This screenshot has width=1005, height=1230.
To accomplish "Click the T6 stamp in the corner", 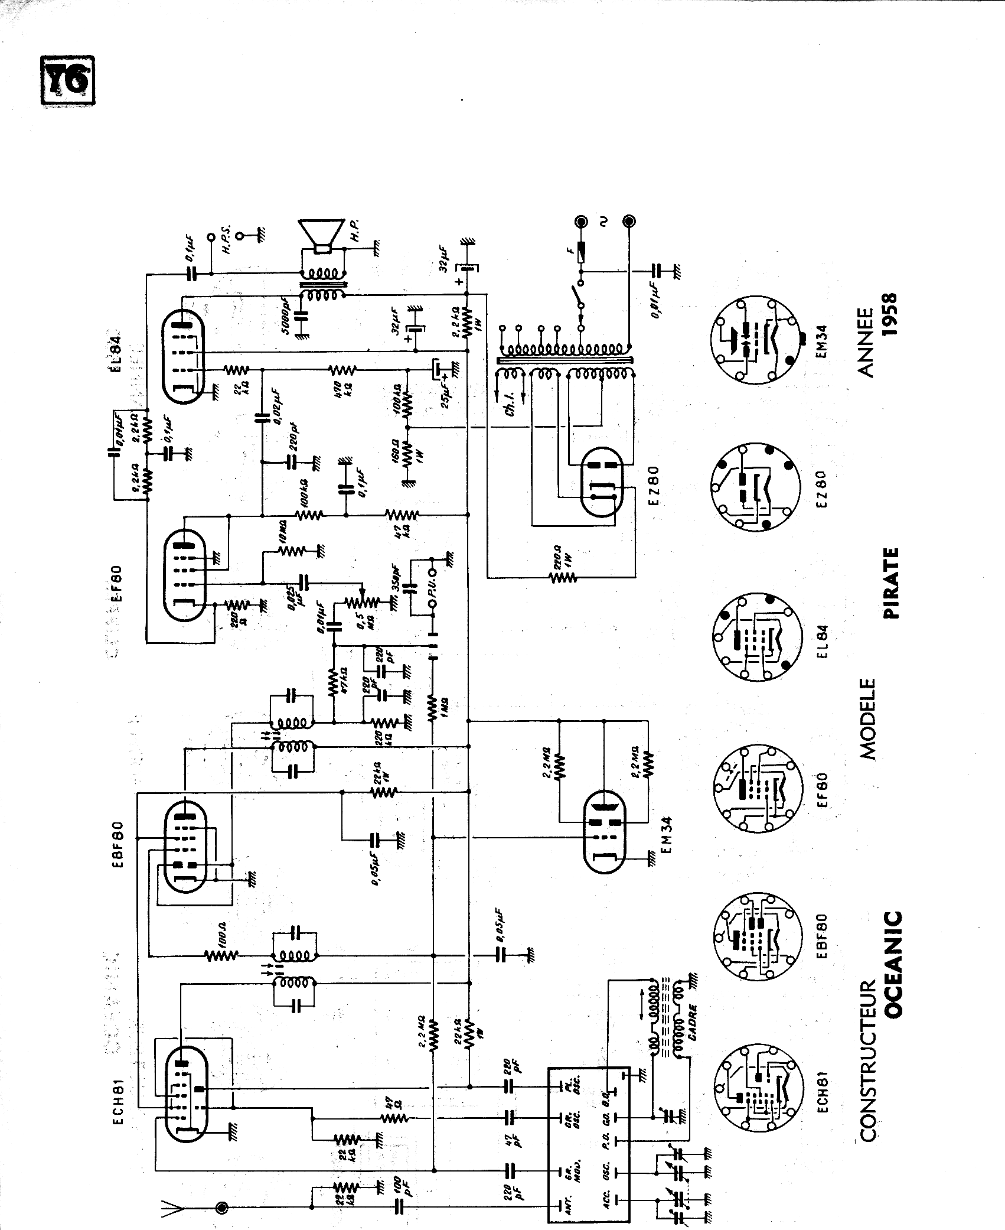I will [x=67, y=81].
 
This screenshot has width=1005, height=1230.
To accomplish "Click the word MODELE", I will [x=867, y=718].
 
